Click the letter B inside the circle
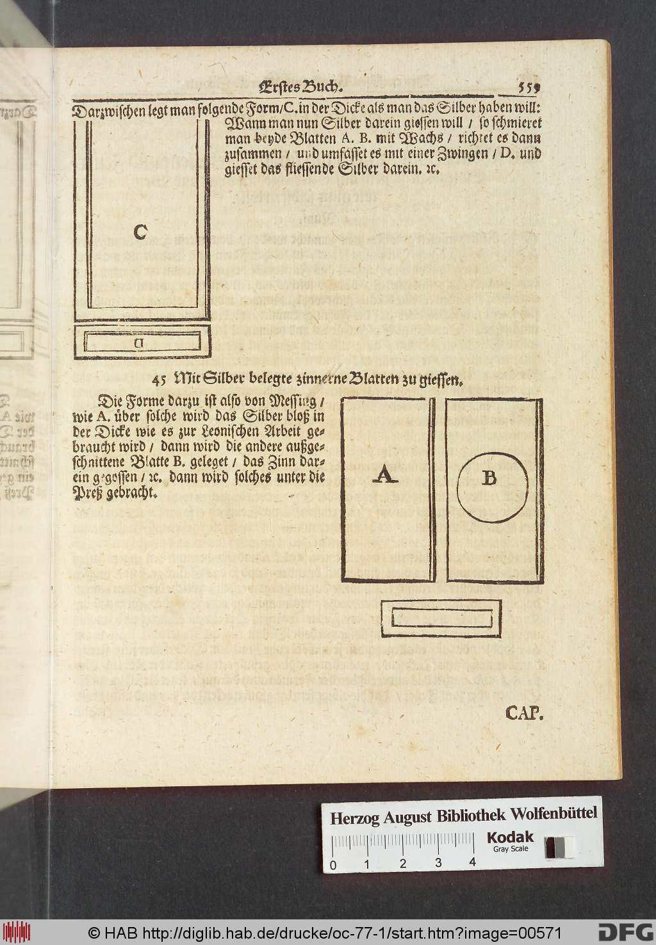[x=489, y=478]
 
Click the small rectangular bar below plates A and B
[x=441, y=618]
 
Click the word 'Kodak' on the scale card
[x=509, y=837]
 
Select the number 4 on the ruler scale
[x=472, y=862]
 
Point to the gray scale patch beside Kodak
[x=559, y=847]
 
